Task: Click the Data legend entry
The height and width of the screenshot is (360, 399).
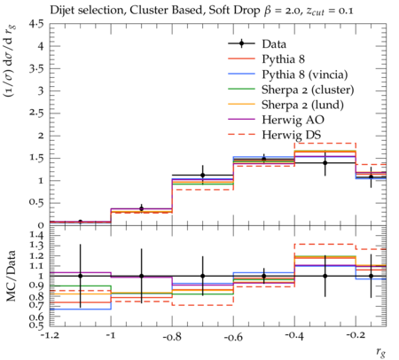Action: coord(274,44)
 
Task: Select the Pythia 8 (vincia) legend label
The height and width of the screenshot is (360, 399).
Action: coord(305,74)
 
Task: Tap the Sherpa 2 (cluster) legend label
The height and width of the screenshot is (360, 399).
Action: coord(308,90)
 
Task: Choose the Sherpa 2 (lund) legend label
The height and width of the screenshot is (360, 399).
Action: coord(302,105)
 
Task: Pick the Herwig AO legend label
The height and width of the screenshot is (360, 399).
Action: coord(293,120)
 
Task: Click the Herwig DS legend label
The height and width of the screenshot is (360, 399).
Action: coord(292,135)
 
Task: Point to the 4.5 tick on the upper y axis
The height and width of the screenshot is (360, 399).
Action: coord(36,24)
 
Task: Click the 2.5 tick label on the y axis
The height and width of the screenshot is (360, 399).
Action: coord(36,113)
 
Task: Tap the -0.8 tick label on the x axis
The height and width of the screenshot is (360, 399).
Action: coord(172,337)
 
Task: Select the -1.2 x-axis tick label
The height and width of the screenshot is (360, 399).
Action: coord(50,337)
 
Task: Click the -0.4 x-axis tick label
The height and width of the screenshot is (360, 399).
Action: coord(294,337)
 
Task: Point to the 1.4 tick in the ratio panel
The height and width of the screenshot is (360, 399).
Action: coord(36,236)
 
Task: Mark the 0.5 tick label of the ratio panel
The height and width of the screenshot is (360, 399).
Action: coord(36,325)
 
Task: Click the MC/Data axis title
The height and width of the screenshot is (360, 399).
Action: coord(11,276)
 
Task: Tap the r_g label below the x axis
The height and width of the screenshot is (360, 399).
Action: coord(381,351)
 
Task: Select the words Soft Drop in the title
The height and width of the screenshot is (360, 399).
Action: coord(234,11)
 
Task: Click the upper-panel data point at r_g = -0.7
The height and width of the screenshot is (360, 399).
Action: coord(202,176)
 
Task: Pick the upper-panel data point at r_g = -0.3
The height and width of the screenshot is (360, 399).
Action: coord(325,163)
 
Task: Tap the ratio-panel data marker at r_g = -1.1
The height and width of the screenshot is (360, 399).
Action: coord(80,276)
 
